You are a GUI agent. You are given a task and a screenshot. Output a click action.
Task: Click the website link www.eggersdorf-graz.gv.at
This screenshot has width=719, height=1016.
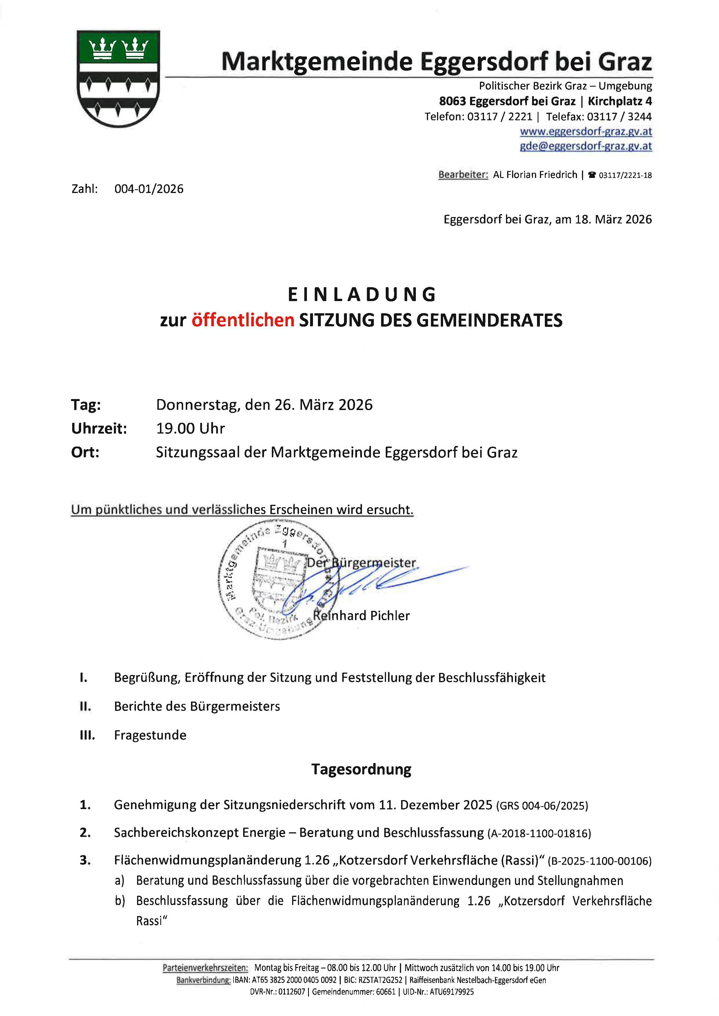pos(585,132)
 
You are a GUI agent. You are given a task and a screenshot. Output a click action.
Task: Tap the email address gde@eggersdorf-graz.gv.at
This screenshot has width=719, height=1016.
pos(585,146)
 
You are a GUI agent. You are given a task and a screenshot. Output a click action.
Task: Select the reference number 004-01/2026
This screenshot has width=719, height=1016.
pos(149,189)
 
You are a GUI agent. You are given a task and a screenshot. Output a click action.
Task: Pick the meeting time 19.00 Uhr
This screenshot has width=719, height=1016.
pos(190,429)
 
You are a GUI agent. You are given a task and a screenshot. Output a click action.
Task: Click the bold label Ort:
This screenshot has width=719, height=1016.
pos(85,452)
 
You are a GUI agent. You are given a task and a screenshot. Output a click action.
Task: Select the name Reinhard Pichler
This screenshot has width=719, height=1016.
pos(361,616)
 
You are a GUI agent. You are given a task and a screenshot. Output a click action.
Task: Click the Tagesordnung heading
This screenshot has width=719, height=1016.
pos(361,769)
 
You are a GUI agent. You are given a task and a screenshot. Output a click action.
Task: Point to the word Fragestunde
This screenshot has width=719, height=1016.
pos(150,735)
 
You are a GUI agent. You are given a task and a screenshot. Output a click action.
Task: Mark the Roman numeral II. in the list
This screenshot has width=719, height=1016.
pos(85,707)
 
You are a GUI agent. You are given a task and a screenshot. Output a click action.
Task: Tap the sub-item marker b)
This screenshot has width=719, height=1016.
pos(119,901)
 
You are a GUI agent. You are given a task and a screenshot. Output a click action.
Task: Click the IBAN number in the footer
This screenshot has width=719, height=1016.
pos(285,980)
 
